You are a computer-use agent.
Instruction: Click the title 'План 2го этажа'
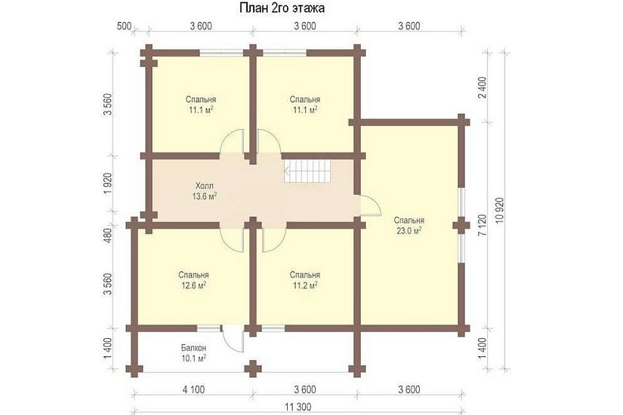click(282, 8)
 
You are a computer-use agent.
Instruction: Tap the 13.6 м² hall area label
click(205, 195)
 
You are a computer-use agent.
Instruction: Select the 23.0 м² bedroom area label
click(409, 230)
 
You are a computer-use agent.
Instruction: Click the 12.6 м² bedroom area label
click(193, 285)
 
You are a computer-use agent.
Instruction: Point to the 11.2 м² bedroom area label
click(305, 285)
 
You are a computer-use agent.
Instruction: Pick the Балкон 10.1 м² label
click(193, 353)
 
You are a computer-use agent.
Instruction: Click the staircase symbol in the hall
click(307, 171)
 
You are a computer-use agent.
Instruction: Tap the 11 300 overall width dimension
click(298, 407)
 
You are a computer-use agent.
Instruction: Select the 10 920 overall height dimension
click(500, 210)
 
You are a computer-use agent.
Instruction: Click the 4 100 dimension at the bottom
click(194, 389)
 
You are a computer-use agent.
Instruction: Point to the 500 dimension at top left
click(125, 26)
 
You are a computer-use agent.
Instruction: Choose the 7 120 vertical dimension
click(483, 226)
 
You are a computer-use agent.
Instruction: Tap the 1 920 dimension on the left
click(108, 183)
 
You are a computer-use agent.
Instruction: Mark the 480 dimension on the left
click(108, 236)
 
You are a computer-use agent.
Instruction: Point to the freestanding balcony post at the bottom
click(252, 368)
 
